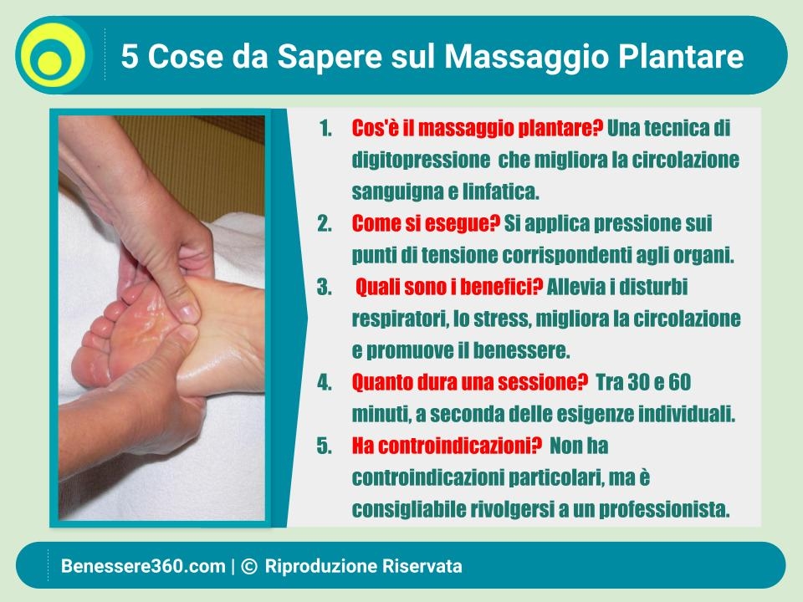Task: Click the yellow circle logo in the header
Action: click(x=54, y=55)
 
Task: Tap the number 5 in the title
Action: click(x=130, y=56)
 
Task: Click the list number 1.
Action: click(x=325, y=129)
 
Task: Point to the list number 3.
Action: click(x=325, y=287)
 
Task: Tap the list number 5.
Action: click(x=325, y=446)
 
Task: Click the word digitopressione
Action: click(x=421, y=161)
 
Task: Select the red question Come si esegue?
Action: click(x=426, y=224)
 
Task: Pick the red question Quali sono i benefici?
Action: click(x=449, y=287)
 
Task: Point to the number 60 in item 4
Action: click(x=679, y=382)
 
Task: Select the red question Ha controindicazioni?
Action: click(x=447, y=446)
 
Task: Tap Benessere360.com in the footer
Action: click(x=143, y=566)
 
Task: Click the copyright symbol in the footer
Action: click(x=248, y=566)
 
